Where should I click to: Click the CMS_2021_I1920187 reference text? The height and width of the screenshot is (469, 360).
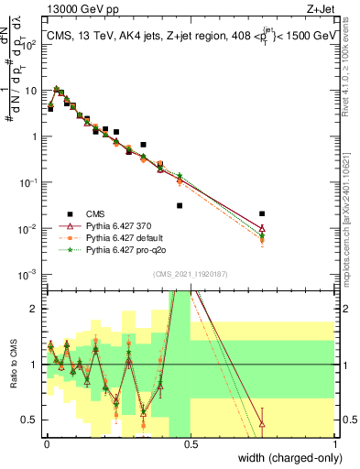coord(190,273)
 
